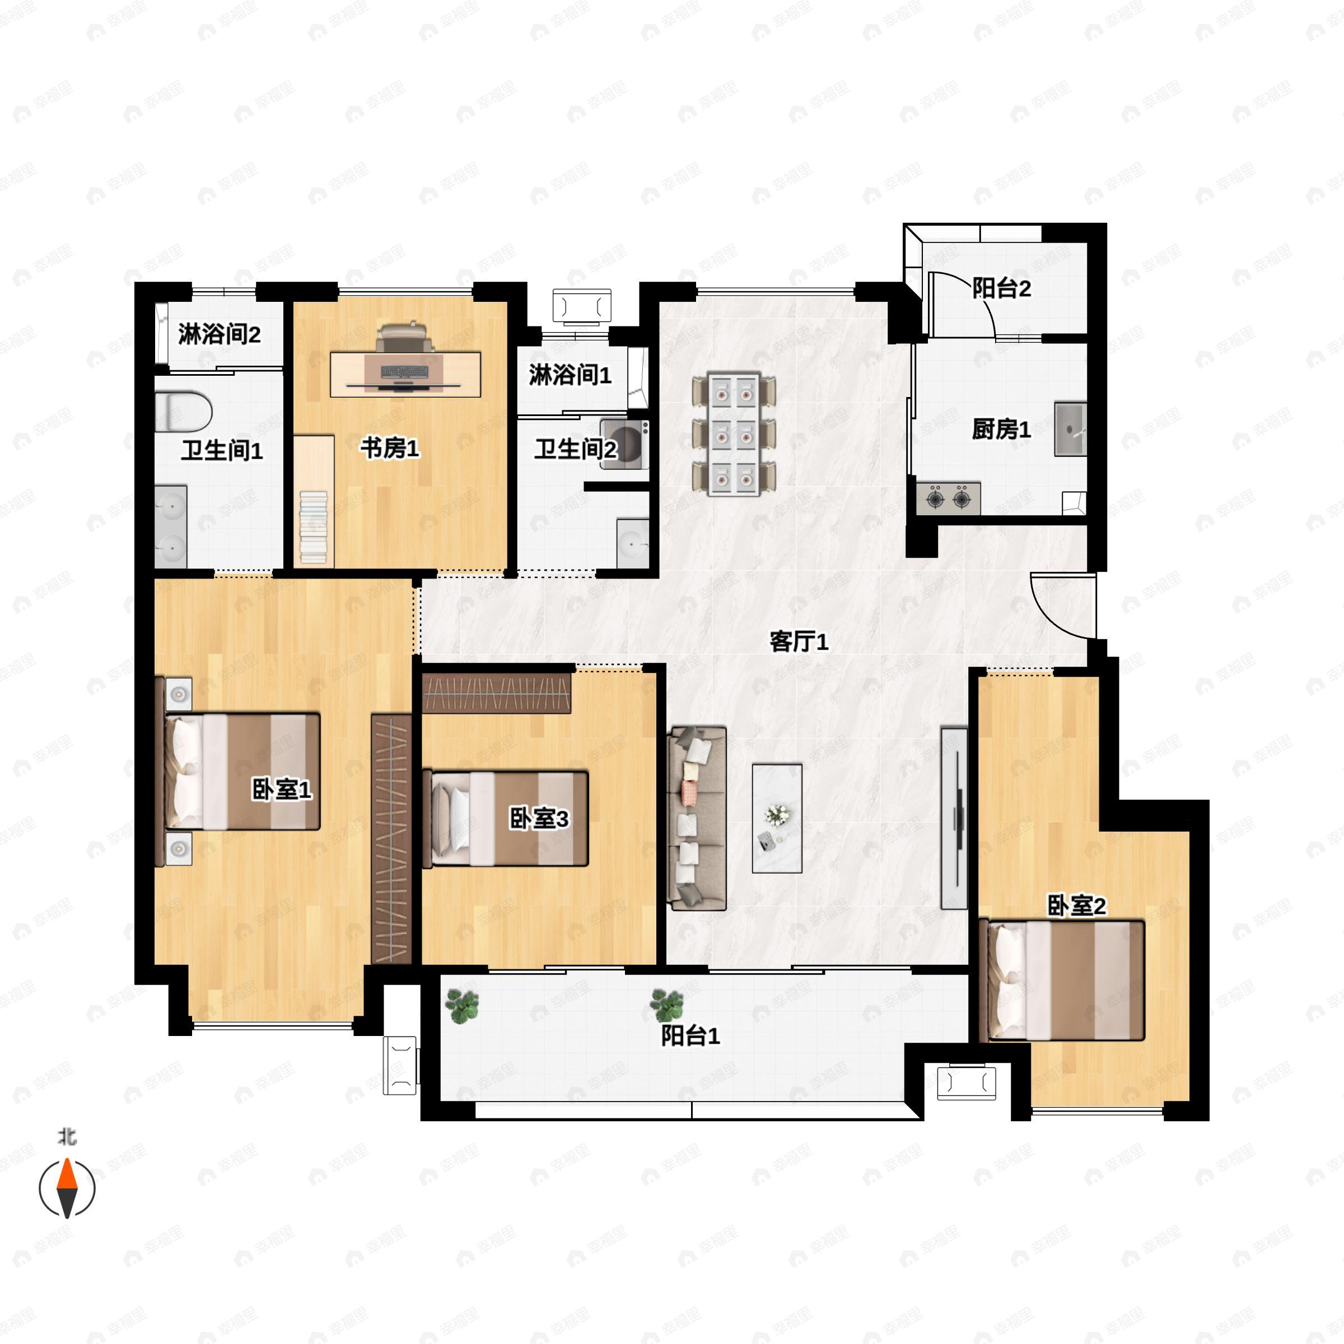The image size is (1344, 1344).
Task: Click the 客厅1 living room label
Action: coord(799,641)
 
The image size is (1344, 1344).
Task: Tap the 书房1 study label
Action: coord(390,449)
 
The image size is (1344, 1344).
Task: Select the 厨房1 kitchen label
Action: coord(1001,430)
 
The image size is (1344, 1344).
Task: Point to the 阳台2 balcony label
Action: coord(1001,288)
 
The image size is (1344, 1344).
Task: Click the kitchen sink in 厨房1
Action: coord(1071,429)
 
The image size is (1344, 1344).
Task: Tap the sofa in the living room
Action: coord(697,819)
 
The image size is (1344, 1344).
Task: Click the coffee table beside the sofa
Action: coord(777,819)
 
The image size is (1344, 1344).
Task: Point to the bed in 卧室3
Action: coord(506,819)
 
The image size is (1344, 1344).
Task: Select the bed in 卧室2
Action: coord(1062,981)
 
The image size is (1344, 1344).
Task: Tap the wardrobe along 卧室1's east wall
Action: coord(391,838)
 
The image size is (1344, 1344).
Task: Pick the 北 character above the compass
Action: coord(67,1137)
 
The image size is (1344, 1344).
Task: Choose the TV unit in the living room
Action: coord(954,818)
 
